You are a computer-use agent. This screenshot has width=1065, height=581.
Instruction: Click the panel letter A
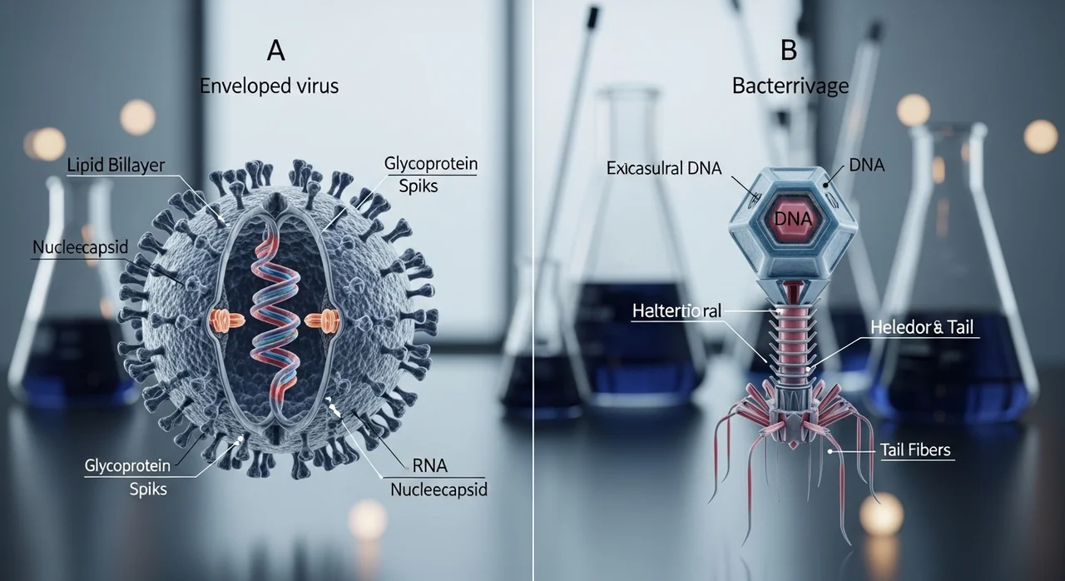click(275, 51)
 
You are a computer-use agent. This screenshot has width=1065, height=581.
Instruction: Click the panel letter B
click(789, 50)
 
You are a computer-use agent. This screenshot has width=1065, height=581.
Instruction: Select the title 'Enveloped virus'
click(269, 86)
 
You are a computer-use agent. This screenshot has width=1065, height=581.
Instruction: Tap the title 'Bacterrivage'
click(790, 86)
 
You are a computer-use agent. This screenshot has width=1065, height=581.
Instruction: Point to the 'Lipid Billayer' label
click(116, 165)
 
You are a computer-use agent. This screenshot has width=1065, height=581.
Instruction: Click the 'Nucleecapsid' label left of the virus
click(81, 247)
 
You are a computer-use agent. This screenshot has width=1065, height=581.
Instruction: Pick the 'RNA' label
click(430, 466)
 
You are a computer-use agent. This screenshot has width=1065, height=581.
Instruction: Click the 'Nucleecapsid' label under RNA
click(438, 489)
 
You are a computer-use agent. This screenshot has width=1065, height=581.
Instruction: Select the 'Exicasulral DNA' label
click(664, 168)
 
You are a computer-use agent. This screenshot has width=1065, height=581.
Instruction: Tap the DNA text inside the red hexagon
click(793, 219)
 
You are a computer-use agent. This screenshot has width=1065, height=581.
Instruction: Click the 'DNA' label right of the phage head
click(867, 165)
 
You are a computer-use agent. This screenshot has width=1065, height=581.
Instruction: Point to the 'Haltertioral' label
click(676, 311)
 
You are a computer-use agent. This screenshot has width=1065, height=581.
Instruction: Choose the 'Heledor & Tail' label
click(922, 327)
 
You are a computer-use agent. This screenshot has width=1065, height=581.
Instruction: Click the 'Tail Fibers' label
click(915, 449)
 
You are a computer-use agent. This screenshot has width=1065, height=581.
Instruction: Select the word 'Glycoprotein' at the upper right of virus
click(431, 163)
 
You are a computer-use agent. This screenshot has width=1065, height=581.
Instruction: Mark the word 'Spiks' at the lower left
click(148, 489)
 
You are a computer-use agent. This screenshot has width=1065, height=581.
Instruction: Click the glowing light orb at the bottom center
click(368, 519)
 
